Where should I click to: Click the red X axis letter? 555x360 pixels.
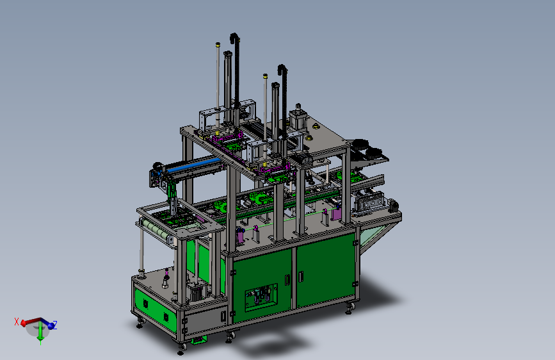point(16,322)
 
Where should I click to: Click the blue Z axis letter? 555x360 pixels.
point(55,325)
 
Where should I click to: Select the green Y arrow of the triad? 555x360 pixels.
point(40,333)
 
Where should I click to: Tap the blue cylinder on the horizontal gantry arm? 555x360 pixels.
point(194,165)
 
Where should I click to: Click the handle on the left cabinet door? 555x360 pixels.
point(287,280)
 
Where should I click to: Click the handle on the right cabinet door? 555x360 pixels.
point(301,277)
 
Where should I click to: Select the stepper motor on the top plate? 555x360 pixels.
point(298,119)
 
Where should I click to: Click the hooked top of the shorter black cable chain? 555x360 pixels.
point(282,69)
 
